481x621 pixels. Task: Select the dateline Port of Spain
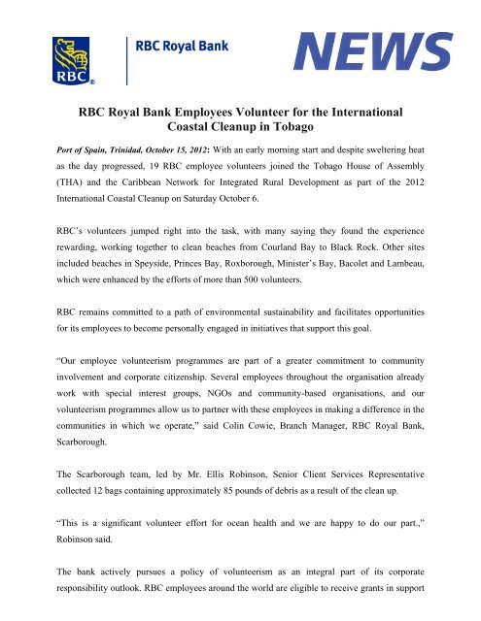(x=63, y=167)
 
